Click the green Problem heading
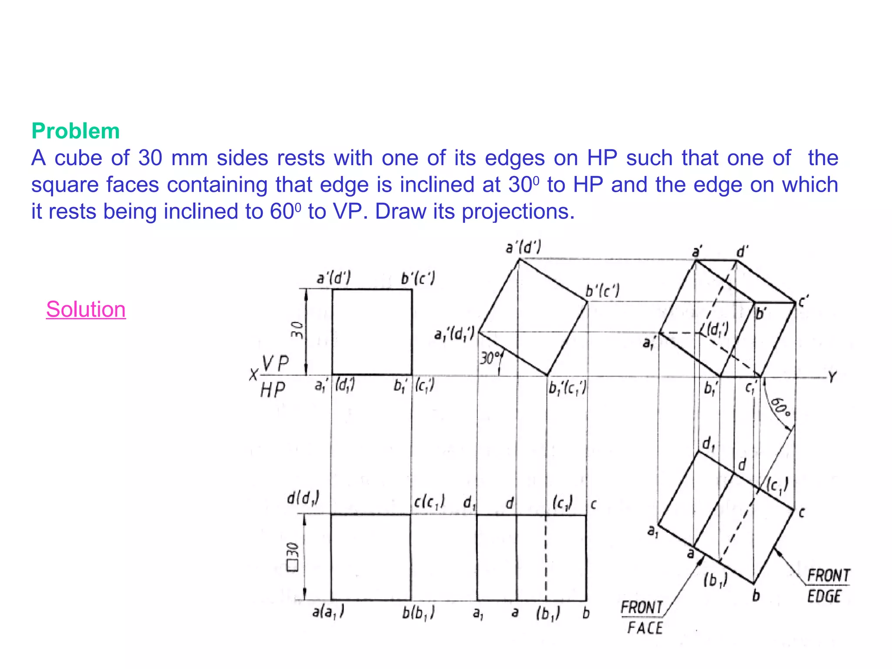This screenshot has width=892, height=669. (x=75, y=131)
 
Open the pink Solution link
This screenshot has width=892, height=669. (x=86, y=310)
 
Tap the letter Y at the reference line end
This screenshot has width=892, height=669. (x=832, y=377)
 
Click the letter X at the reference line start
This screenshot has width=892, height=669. (x=253, y=375)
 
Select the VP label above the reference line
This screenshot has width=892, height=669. (x=275, y=364)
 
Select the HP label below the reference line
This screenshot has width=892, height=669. (x=273, y=390)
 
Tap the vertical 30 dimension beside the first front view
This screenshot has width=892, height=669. (x=297, y=330)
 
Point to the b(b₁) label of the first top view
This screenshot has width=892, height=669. (x=418, y=613)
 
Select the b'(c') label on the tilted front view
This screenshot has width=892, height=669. (x=602, y=291)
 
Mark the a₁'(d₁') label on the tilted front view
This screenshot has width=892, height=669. (x=454, y=335)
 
